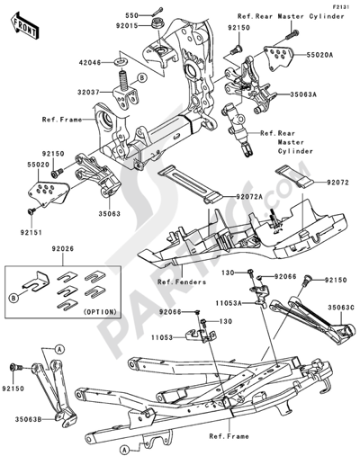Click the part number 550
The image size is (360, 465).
coord(130,16)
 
